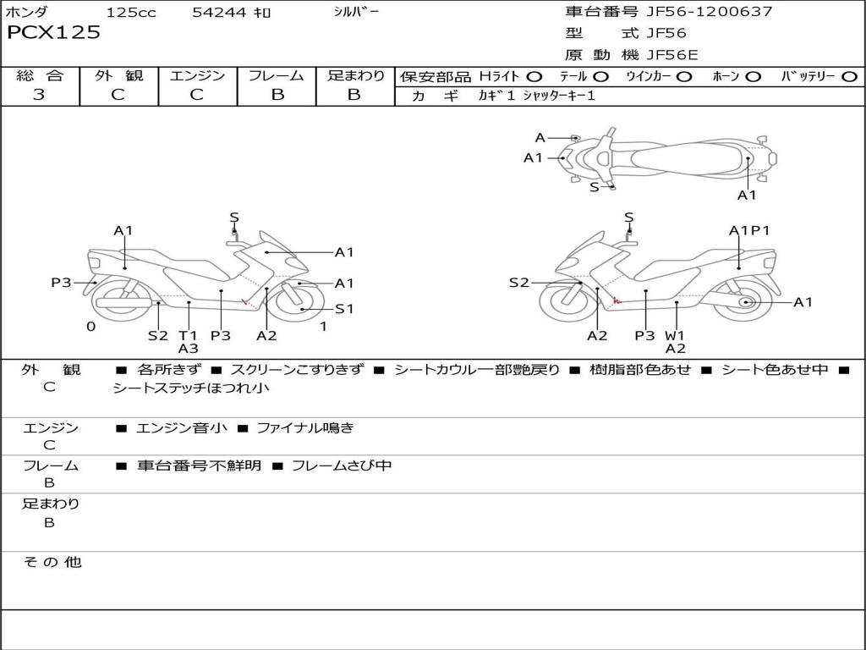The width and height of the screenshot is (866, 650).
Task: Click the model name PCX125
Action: click(x=53, y=33)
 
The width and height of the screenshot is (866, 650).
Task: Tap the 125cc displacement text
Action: click(x=131, y=13)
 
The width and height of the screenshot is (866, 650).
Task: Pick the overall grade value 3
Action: click(x=39, y=95)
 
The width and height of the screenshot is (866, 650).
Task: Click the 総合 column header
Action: click(x=40, y=76)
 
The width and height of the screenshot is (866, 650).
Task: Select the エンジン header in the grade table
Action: click(x=197, y=76)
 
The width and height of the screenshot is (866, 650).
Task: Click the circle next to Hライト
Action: click(x=534, y=77)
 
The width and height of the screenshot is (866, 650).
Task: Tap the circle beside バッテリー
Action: click(x=849, y=77)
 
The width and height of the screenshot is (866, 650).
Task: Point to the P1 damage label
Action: click(x=760, y=230)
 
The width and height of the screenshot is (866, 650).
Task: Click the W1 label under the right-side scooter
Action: click(x=675, y=335)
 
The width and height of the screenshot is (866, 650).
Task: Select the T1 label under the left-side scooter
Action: click(x=188, y=335)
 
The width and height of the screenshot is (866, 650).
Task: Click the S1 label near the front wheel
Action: click(x=344, y=309)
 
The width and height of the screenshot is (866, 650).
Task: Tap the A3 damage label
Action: click(x=188, y=348)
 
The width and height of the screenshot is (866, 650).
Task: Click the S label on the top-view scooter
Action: click(x=594, y=187)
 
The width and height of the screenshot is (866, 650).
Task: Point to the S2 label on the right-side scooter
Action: click(x=518, y=283)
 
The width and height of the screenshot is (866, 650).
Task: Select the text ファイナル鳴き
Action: click(x=305, y=428)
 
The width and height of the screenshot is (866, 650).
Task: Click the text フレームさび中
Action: click(x=341, y=465)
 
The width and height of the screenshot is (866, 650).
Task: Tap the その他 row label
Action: click(x=52, y=562)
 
